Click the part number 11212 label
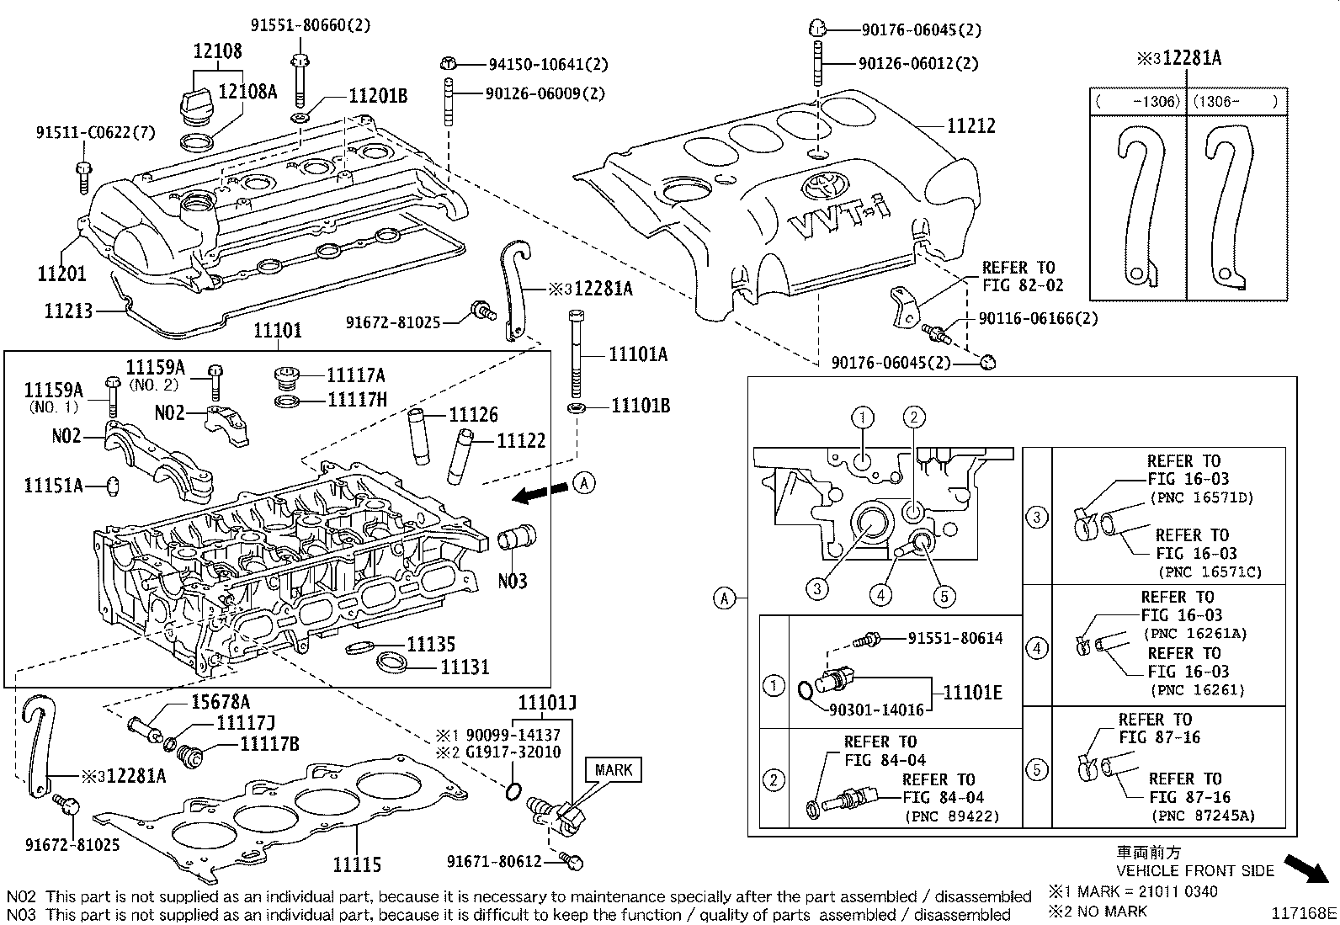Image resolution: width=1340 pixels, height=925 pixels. (970, 126)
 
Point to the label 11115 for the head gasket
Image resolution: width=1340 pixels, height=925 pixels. (356, 864)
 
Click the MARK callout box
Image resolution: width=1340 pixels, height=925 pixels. (613, 769)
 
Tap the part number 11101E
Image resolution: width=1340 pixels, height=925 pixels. (972, 693)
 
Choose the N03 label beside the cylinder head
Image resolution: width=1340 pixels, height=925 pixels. (512, 581)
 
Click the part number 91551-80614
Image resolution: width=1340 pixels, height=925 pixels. (954, 638)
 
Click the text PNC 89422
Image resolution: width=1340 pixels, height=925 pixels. (952, 816)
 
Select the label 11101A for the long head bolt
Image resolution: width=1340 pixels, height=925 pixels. (638, 354)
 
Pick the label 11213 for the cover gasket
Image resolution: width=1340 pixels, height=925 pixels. (68, 311)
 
